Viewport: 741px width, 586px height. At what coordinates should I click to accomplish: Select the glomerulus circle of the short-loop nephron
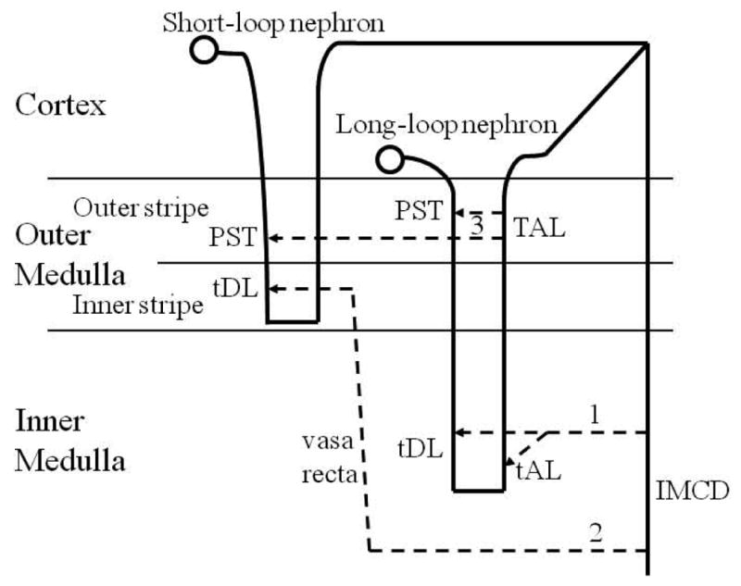coord(203,51)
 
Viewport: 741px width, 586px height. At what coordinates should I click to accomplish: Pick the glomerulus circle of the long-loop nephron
coord(389,159)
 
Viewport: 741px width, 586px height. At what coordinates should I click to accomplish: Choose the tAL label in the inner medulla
coord(539,469)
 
